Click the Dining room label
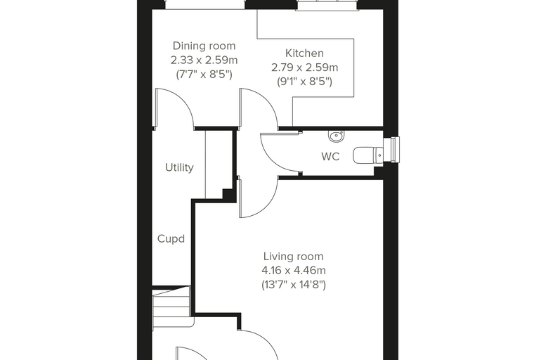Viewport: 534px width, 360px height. tap(204, 46)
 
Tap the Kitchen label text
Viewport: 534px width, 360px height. tap(304, 53)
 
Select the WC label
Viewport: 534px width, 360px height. tap(330, 157)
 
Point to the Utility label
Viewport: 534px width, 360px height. tap(179, 167)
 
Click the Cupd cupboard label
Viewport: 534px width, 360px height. tap(171, 238)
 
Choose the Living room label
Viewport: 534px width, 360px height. tap(294, 257)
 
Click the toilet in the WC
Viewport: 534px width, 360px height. tap(368, 156)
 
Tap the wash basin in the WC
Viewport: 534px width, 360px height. tap(337, 136)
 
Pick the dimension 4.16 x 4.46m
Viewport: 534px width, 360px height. tap(294, 270)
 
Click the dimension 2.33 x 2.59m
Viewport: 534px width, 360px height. tap(204, 60)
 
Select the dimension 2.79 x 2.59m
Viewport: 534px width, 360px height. tap(304, 67)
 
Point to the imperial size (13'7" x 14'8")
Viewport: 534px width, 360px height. tap(294, 284)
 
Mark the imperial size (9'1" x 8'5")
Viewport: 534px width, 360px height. tap(304, 82)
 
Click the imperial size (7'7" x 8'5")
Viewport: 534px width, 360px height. tap(204, 75)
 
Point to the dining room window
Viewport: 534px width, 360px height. tap(204, 4)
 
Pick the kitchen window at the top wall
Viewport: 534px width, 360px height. tap(327, 5)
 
